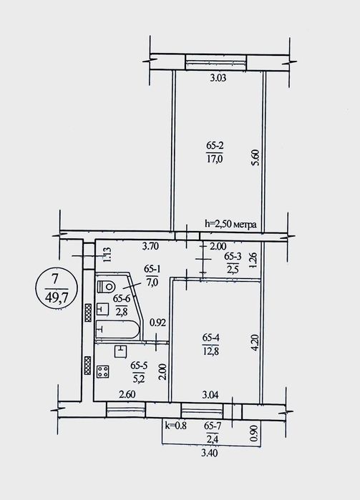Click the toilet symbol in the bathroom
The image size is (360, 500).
(105, 286)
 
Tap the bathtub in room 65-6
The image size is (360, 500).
(117, 329)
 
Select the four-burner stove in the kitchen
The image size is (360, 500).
(103, 371)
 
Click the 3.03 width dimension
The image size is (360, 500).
(218, 78)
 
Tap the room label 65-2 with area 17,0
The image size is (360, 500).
(215, 152)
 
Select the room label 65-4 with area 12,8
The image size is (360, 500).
(210, 344)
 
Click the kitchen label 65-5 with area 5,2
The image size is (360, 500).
(138, 372)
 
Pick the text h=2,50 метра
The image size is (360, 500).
(230, 224)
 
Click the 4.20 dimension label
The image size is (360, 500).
(254, 342)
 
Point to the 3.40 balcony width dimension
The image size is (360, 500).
(210, 453)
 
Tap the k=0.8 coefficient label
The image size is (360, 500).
(175, 425)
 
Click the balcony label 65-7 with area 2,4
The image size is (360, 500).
(213, 431)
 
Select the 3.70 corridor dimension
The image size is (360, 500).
(150, 246)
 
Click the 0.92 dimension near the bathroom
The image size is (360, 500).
(157, 323)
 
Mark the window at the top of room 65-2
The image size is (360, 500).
(216, 62)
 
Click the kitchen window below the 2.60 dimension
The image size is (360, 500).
(125, 409)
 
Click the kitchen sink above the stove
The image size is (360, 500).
(120, 351)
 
